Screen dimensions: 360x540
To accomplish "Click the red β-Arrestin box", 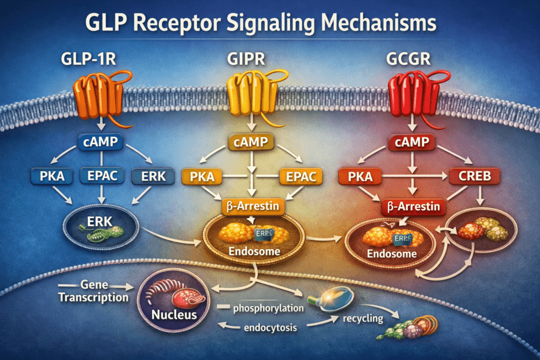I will [x=411, y=207].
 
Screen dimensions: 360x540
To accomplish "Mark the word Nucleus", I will [x=174, y=316].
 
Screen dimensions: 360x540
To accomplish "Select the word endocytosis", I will [x=272, y=328].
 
